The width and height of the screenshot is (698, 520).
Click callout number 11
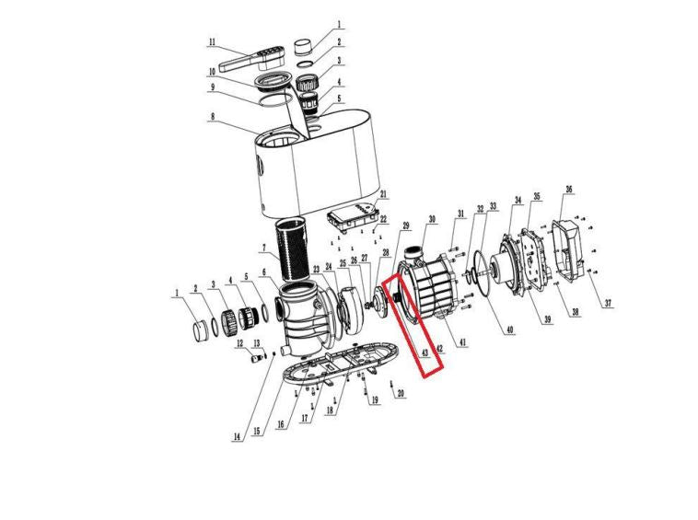click(212, 42)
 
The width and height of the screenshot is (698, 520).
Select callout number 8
click(213, 117)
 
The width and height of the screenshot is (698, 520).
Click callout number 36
click(569, 189)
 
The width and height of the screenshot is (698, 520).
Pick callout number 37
click(608, 304)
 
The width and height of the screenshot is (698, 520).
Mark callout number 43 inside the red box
click(425, 352)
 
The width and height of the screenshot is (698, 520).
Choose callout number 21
click(383, 194)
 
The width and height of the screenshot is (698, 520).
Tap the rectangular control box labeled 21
click(354, 216)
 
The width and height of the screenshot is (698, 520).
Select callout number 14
click(237, 437)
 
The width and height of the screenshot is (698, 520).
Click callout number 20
click(401, 393)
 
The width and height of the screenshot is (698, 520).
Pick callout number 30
click(432, 219)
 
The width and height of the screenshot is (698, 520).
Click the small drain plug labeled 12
click(256, 358)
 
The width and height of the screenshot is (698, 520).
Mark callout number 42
click(440, 348)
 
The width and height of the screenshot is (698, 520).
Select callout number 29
click(405, 226)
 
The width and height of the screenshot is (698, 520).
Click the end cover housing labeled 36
click(568, 250)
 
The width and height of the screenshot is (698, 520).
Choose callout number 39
click(547, 319)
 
